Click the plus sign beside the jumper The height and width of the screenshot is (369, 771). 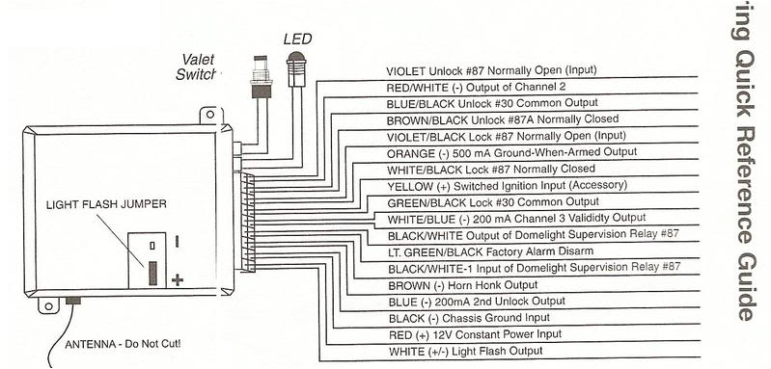[x=178, y=280]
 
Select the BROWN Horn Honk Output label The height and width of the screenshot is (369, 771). [x=461, y=286]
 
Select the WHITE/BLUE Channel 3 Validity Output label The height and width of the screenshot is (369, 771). [x=501, y=219]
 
